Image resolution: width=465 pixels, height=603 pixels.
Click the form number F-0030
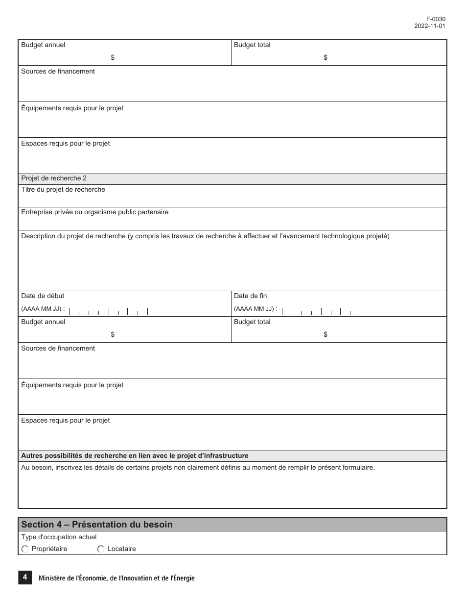tap(436, 19)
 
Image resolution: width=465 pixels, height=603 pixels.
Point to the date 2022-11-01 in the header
tap(430, 26)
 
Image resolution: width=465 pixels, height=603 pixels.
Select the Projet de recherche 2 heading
tap(54, 178)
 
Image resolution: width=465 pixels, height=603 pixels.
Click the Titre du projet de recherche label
tap(63, 190)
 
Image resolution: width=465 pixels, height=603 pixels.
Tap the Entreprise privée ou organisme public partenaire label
tap(94, 212)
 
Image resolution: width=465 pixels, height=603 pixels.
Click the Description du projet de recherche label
tap(205, 236)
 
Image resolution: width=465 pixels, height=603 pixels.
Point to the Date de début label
tap(43, 296)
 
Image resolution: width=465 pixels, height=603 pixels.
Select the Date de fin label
tap(251, 296)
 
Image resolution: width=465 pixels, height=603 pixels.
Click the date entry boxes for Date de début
tap(108, 311)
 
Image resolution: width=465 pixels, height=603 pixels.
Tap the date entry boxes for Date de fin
tap(322, 311)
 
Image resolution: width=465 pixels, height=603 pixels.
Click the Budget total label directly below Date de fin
tap(252, 322)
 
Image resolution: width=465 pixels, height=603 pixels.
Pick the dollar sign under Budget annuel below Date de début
tap(113, 334)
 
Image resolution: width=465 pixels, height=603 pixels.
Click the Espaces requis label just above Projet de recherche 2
tap(66, 144)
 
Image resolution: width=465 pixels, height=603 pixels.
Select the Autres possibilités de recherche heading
tap(135, 456)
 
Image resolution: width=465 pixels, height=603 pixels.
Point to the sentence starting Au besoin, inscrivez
tap(198, 468)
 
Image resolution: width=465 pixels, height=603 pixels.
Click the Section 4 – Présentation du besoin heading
tap(97, 525)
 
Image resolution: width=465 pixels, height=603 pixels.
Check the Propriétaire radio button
tap(25, 549)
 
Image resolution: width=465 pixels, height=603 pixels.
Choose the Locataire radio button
tap(101, 549)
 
